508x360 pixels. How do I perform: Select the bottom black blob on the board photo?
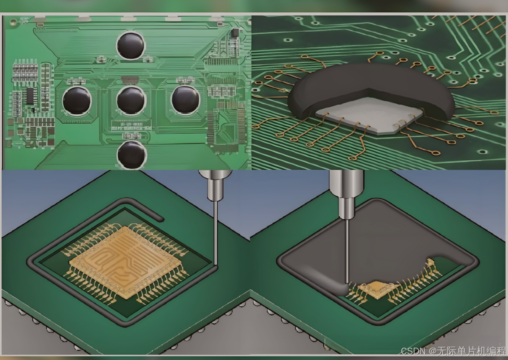tap(132, 155)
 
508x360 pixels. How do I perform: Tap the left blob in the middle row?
tap(77, 101)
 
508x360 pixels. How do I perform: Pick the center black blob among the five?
tap(131, 100)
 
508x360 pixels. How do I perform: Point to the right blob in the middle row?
tap(186, 100)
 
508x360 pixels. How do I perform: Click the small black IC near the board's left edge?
tap(30, 96)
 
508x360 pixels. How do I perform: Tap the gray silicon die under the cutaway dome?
tap(369, 115)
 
